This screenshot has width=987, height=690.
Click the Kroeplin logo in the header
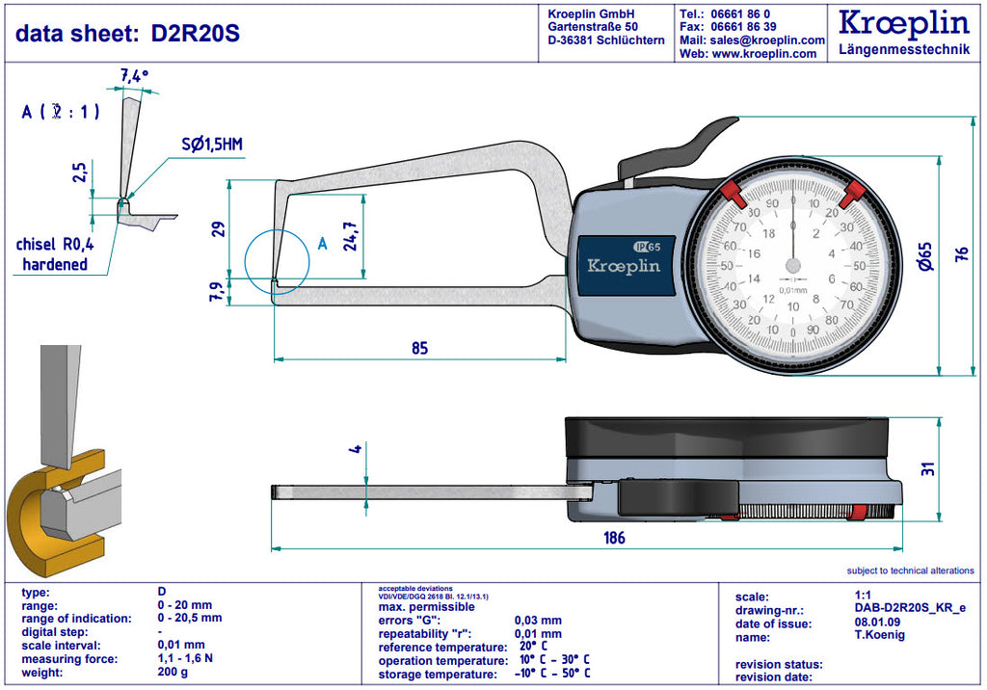point(904,22)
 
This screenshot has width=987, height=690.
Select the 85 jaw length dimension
point(419,347)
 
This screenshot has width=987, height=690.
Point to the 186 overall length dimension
point(613,537)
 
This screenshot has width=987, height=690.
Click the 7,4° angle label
point(134,75)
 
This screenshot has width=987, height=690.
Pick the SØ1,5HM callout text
point(213,146)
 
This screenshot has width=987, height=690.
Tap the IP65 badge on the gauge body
point(647,245)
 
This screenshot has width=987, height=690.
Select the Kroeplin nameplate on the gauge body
point(624,266)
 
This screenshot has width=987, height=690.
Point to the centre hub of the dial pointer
point(792,266)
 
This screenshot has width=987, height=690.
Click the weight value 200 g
point(173,672)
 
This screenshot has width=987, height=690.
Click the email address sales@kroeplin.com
point(765,40)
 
